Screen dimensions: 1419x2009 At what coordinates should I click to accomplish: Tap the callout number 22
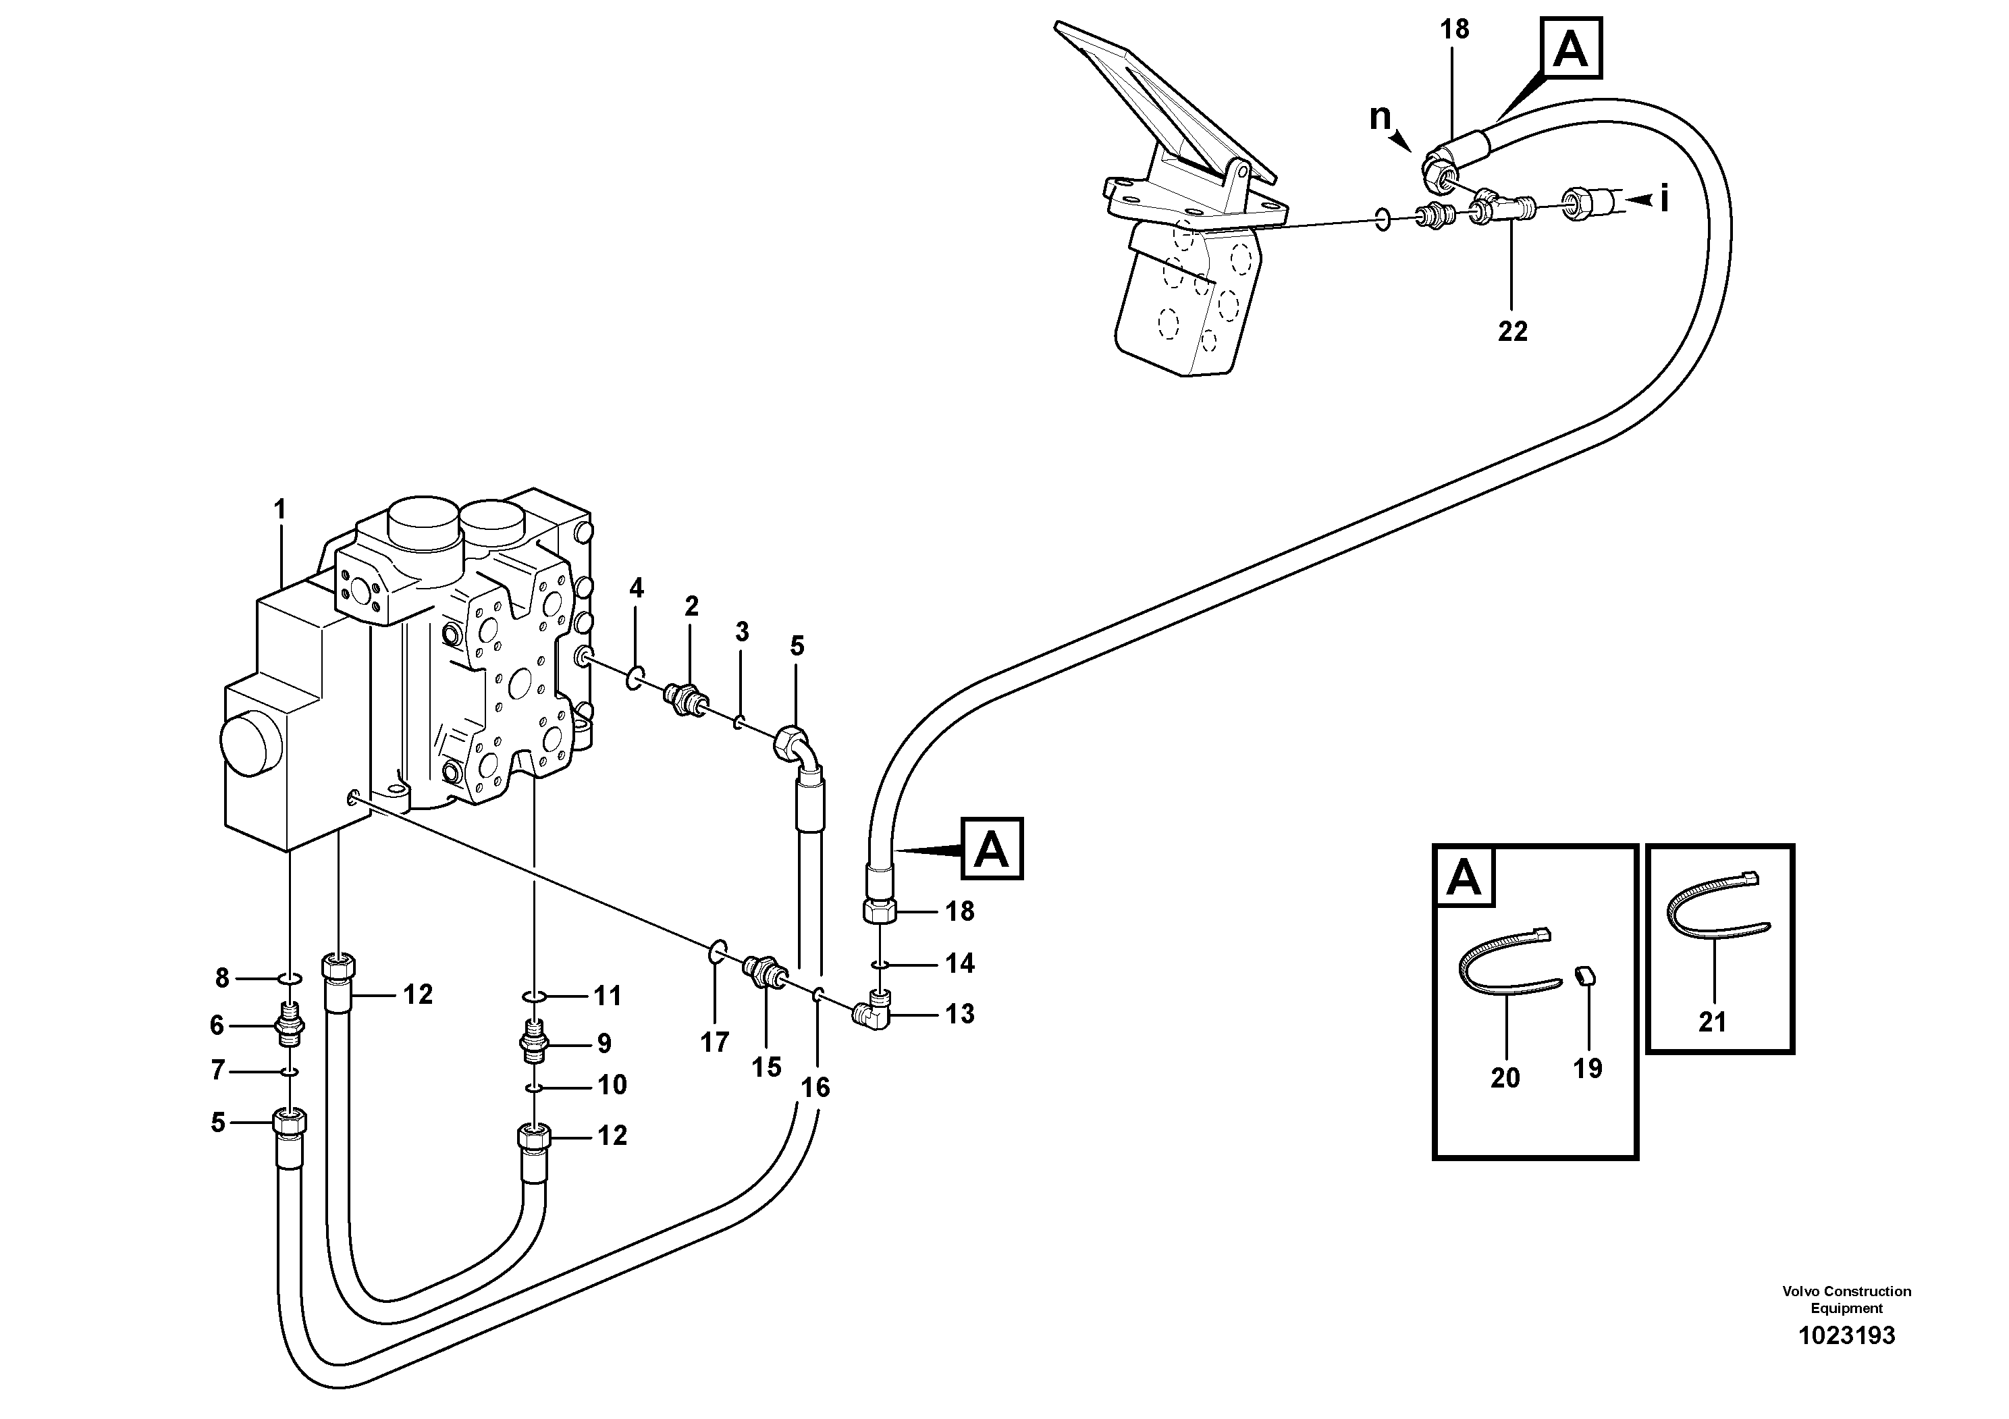coord(1512,331)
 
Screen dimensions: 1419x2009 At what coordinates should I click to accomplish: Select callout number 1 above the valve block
coord(280,509)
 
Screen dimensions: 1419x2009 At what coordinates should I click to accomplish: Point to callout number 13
coord(959,1014)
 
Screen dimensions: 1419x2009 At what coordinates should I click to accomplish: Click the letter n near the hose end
coord(1379,116)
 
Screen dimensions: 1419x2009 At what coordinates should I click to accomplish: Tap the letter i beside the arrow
coord(1663,200)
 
